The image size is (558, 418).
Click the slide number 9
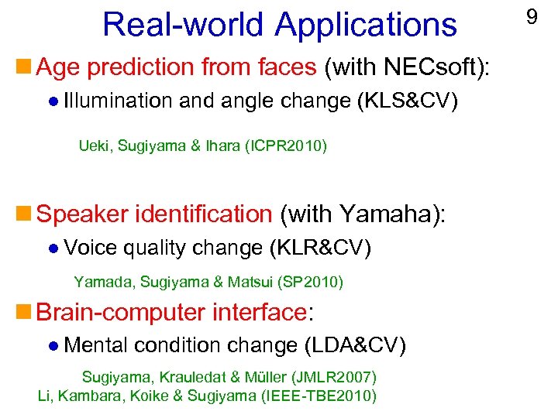pos(532,16)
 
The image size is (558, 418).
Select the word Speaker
pos(83,214)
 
